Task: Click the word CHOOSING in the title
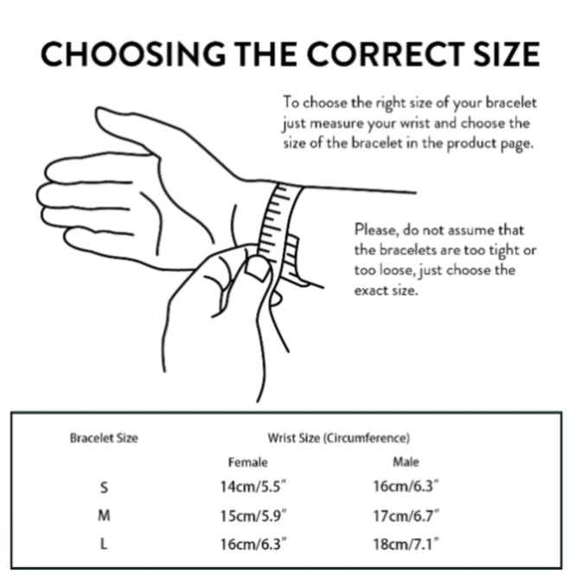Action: [x=133, y=54]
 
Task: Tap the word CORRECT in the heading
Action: [x=386, y=54]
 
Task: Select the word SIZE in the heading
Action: [x=507, y=54]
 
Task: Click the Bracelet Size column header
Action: [x=104, y=438]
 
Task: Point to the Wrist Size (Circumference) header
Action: [x=339, y=438]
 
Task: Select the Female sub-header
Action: [x=247, y=462]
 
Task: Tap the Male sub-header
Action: [x=405, y=462]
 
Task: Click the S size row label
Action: [x=104, y=488]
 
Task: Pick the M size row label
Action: [x=104, y=515]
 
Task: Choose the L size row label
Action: [x=104, y=544]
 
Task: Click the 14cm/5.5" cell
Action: [x=253, y=486]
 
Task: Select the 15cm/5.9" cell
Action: [x=253, y=515]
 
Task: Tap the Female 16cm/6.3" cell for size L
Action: [x=253, y=544]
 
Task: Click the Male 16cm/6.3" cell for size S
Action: [x=406, y=486]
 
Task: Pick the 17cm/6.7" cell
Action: [x=406, y=515]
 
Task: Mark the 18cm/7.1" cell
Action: [x=406, y=544]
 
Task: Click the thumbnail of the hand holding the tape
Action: [x=257, y=268]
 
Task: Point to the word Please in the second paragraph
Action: [x=376, y=230]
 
